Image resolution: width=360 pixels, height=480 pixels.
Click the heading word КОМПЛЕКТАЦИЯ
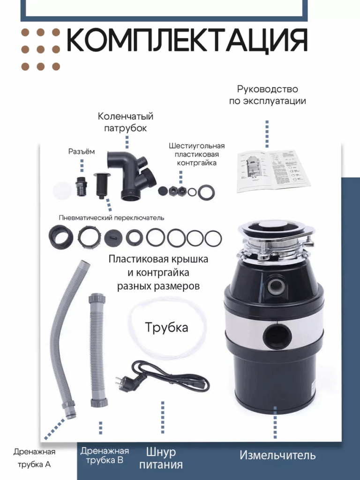(187, 40)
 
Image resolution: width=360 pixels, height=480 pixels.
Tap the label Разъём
(82, 151)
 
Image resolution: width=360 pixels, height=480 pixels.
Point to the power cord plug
(124, 382)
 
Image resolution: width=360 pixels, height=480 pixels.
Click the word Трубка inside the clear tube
(166, 327)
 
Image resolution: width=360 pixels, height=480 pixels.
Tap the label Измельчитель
(277, 455)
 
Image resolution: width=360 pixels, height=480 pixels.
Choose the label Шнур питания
(161, 458)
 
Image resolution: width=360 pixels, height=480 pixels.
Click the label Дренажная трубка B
(105, 455)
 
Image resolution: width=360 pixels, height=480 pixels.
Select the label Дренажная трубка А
(34, 458)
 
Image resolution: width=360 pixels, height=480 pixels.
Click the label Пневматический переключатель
(112, 217)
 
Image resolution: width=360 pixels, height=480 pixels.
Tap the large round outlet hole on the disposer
(277, 336)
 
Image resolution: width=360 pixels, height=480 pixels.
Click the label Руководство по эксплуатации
(268, 95)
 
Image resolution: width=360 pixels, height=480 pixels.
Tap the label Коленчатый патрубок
(126, 122)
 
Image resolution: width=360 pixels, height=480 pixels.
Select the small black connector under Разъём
(82, 186)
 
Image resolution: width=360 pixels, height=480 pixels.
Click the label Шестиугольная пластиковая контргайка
(196, 154)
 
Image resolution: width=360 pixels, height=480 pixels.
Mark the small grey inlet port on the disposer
(276, 285)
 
